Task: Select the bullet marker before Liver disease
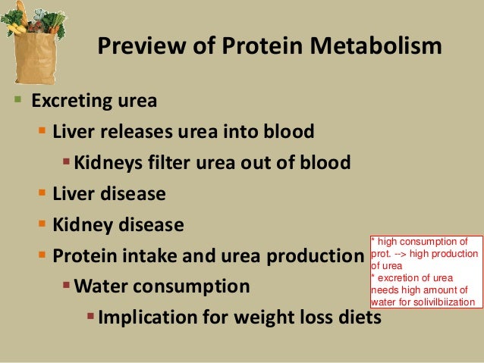(x=43, y=194)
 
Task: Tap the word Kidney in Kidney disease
(x=80, y=225)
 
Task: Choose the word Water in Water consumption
(x=102, y=286)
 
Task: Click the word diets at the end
(x=357, y=317)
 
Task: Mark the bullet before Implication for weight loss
(x=91, y=316)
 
